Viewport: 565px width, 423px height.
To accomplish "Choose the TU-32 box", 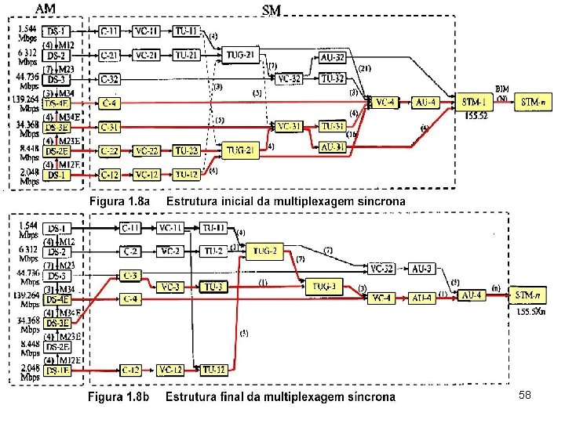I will (x=333, y=78).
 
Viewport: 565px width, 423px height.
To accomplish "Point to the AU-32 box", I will (x=333, y=58).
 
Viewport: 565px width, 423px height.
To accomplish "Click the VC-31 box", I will (x=290, y=126).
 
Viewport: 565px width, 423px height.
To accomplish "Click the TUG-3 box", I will (x=325, y=286).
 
